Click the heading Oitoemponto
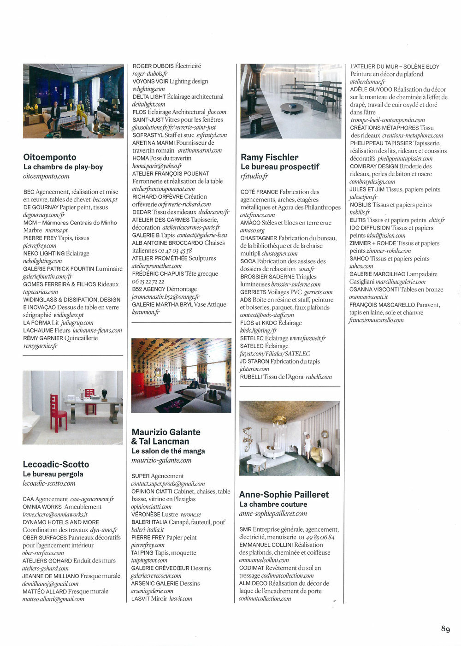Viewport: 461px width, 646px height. [x=50, y=157]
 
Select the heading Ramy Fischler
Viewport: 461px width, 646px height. [x=270, y=157]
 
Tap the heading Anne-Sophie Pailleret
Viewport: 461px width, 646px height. [x=284, y=494]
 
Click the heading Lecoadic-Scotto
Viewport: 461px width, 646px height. [x=56, y=464]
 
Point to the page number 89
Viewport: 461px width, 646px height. [x=445, y=629]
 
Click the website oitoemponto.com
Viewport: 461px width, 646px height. [x=46, y=176]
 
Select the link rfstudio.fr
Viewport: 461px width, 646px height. [x=254, y=176]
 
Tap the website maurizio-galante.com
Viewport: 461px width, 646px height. [x=161, y=460]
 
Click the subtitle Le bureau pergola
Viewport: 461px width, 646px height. [x=53, y=474]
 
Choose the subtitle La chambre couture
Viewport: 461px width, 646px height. [x=273, y=504]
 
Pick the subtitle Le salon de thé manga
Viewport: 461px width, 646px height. [x=168, y=451]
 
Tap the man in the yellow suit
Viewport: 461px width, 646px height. [x=81, y=113]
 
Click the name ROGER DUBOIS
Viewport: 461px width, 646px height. [x=153, y=66]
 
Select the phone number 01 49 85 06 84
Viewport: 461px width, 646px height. [x=316, y=537]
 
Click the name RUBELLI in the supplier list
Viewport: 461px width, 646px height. [x=251, y=377]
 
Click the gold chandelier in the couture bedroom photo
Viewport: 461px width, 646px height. [x=280, y=421]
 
